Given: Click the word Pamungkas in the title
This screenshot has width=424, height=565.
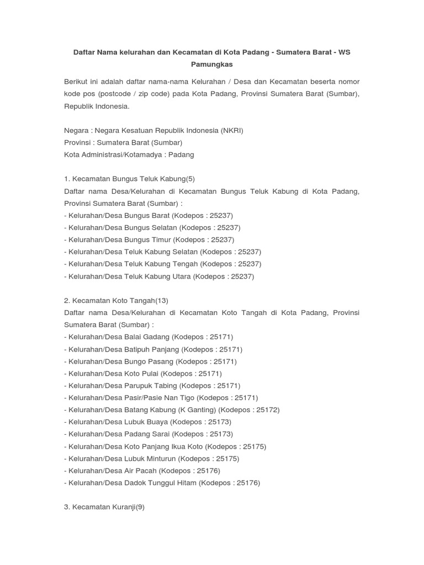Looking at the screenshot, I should pyautogui.click(x=212, y=65).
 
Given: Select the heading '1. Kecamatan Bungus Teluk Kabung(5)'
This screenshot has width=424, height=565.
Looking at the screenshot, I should pyautogui.click(x=129, y=179).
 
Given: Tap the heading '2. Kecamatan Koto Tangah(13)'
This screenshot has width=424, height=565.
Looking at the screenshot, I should pyautogui.click(x=116, y=300).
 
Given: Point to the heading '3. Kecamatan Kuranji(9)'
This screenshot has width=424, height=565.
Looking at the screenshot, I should pyautogui.click(x=104, y=507).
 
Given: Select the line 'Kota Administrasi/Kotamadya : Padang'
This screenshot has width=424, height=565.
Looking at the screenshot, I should pyautogui.click(x=129, y=154).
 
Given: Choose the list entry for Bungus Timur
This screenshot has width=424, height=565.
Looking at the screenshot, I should pyautogui.click(x=149, y=239).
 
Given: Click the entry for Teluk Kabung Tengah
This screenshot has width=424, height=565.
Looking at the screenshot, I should pyautogui.click(x=163, y=264).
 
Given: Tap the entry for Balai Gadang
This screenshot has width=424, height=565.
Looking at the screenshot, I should pyautogui.click(x=149, y=337).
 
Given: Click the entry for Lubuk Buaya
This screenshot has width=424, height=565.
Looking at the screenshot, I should pyautogui.click(x=147, y=422).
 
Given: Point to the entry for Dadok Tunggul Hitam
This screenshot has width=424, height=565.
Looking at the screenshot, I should pyautogui.click(x=162, y=482).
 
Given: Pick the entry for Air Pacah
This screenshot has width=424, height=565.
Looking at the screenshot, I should pyautogui.click(x=142, y=470).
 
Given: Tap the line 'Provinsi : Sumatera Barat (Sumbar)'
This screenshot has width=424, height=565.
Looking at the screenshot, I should pyautogui.click(x=123, y=142).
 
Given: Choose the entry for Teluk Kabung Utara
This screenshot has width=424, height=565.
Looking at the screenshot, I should pyautogui.click(x=159, y=276).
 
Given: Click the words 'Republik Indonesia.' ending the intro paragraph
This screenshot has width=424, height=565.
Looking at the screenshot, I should pyautogui.click(x=97, y=106).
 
